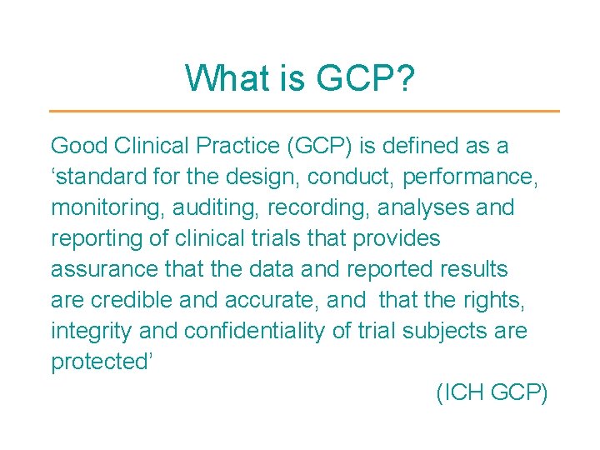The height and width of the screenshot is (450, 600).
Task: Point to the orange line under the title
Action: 304,111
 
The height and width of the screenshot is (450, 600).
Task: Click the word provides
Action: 397,238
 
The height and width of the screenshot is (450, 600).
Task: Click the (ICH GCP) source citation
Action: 492,392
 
